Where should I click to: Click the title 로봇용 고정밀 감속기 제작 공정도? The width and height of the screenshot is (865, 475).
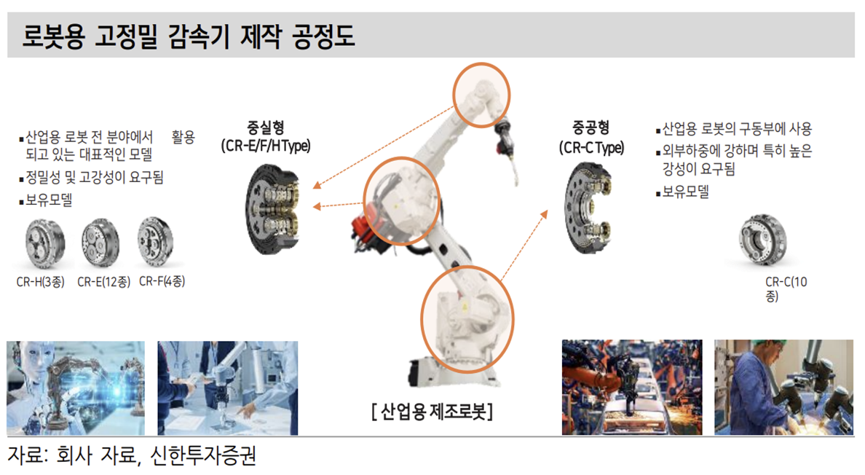click(188, 36)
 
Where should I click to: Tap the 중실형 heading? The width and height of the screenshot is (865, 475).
click(266, 128)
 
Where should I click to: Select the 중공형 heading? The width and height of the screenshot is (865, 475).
click(591, 128)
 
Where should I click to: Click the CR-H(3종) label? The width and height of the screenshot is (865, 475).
click(40, 282)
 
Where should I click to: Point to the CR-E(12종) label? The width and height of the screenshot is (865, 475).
click(103, 282)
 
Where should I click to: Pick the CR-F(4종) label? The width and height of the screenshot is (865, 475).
click(162, 281)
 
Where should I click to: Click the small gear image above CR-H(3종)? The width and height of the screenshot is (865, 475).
click(45, 243)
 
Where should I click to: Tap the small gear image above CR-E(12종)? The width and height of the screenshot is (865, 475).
click(100, 243)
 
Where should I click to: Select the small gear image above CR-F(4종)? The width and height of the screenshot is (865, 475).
click(156, 241)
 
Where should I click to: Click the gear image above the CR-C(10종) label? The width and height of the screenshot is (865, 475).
click(763, 240)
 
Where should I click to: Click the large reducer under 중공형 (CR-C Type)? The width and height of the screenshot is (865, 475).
click(588, 208)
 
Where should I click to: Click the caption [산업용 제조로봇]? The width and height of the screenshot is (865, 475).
click(432, 411)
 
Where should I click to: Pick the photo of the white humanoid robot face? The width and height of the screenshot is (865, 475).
click(76, 388)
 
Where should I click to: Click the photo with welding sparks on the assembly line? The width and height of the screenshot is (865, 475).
click(632, 388)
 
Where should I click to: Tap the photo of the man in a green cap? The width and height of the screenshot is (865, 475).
click(783, 388)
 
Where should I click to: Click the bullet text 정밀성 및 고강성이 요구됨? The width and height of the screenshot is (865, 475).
click(95, 178)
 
